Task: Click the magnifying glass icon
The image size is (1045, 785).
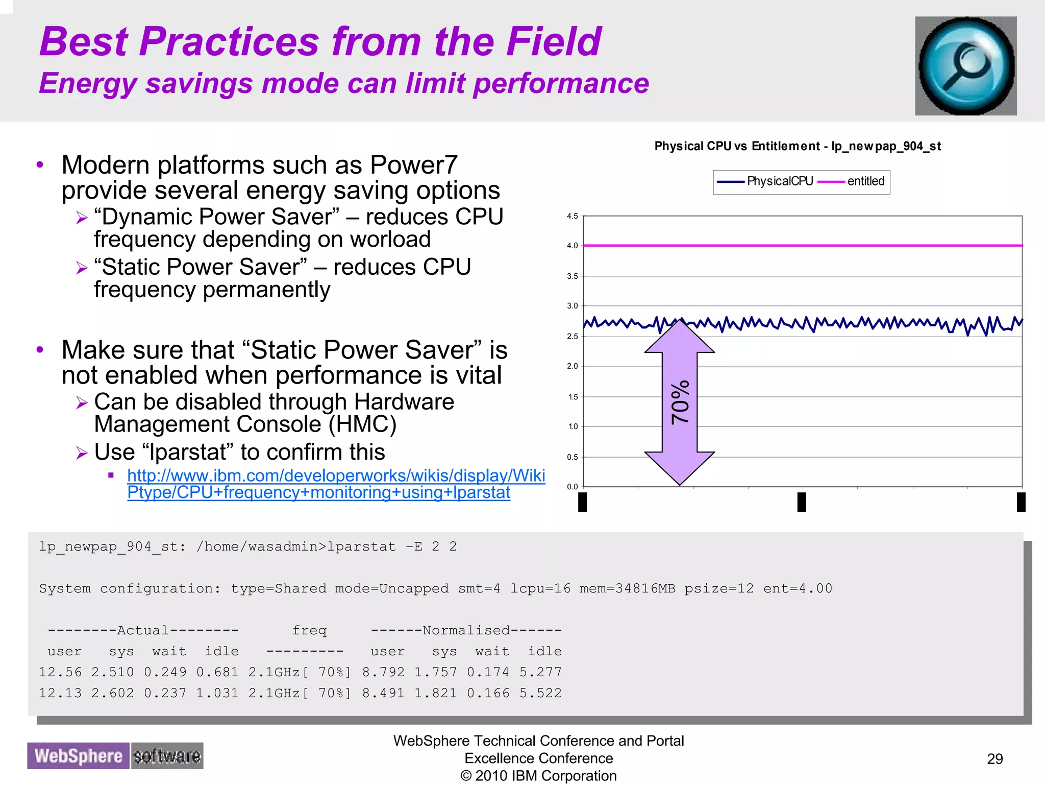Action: [965, 66]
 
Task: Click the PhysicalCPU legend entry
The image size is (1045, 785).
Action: [765, 181]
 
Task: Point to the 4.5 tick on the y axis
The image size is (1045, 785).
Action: [573, 216]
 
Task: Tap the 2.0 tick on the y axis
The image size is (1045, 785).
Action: [573, 366]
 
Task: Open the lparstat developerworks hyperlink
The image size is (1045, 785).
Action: [336, 484]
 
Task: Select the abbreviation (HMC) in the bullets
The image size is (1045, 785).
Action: [362, 425]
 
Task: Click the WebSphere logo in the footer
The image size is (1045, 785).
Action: [79, 756]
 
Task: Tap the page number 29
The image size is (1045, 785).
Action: [994, 759]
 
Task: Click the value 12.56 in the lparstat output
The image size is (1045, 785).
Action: [60, 672]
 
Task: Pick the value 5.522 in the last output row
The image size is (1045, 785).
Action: [540, 693]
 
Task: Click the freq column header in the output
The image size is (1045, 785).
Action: [309, 630]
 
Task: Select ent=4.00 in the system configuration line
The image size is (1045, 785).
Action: [798, 588]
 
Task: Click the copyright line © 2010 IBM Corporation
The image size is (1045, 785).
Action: [538, 776]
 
